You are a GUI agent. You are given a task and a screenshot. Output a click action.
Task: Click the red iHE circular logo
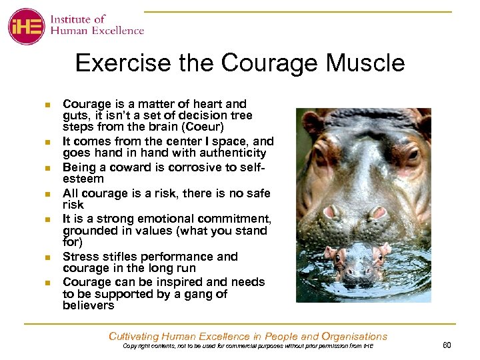click(26, 26)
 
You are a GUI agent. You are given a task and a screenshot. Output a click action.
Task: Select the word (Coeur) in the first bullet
click(202, 127)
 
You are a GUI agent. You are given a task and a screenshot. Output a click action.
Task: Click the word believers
click(89, 306)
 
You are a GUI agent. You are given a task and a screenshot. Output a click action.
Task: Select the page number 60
click(447, 344)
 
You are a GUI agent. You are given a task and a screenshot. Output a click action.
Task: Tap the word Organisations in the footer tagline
click(354, 336)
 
